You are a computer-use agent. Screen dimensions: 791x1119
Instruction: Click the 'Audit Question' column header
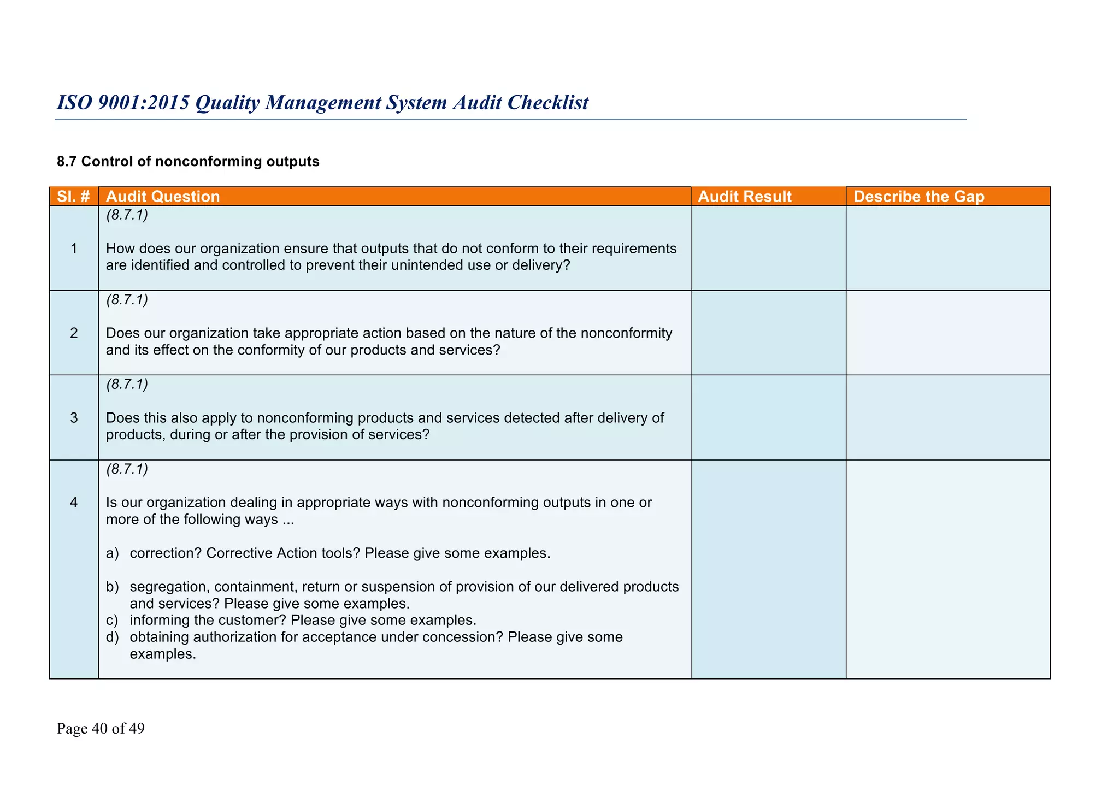click(163, 197)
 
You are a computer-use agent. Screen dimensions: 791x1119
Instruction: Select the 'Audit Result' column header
click(745, 197)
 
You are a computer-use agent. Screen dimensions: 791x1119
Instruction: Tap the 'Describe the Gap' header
click(919, 197)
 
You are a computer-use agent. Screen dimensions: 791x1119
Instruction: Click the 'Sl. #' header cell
click(73, 197)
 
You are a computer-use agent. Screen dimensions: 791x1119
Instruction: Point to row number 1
click(74, 249)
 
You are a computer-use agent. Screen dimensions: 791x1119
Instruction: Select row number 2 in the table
click(74, 333)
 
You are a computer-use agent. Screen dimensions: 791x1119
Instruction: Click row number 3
click(74, 418)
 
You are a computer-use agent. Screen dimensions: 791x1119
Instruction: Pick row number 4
click(74, 503)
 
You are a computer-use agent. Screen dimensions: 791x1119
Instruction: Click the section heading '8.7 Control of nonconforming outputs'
click(188, 162)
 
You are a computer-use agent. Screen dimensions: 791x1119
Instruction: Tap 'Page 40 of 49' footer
click(101, 729)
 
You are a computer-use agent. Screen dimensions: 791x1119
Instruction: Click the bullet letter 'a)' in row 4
click(112, 553)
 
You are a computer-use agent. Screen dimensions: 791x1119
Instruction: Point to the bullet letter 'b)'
click(112, 587)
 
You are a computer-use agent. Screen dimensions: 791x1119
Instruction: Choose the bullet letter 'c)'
click(112, 621)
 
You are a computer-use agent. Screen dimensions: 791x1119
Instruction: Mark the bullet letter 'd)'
click(112, 637)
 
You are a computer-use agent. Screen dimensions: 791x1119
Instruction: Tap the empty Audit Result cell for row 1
click(768, 248)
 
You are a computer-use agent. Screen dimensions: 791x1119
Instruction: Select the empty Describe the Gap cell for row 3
click(948, 417)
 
